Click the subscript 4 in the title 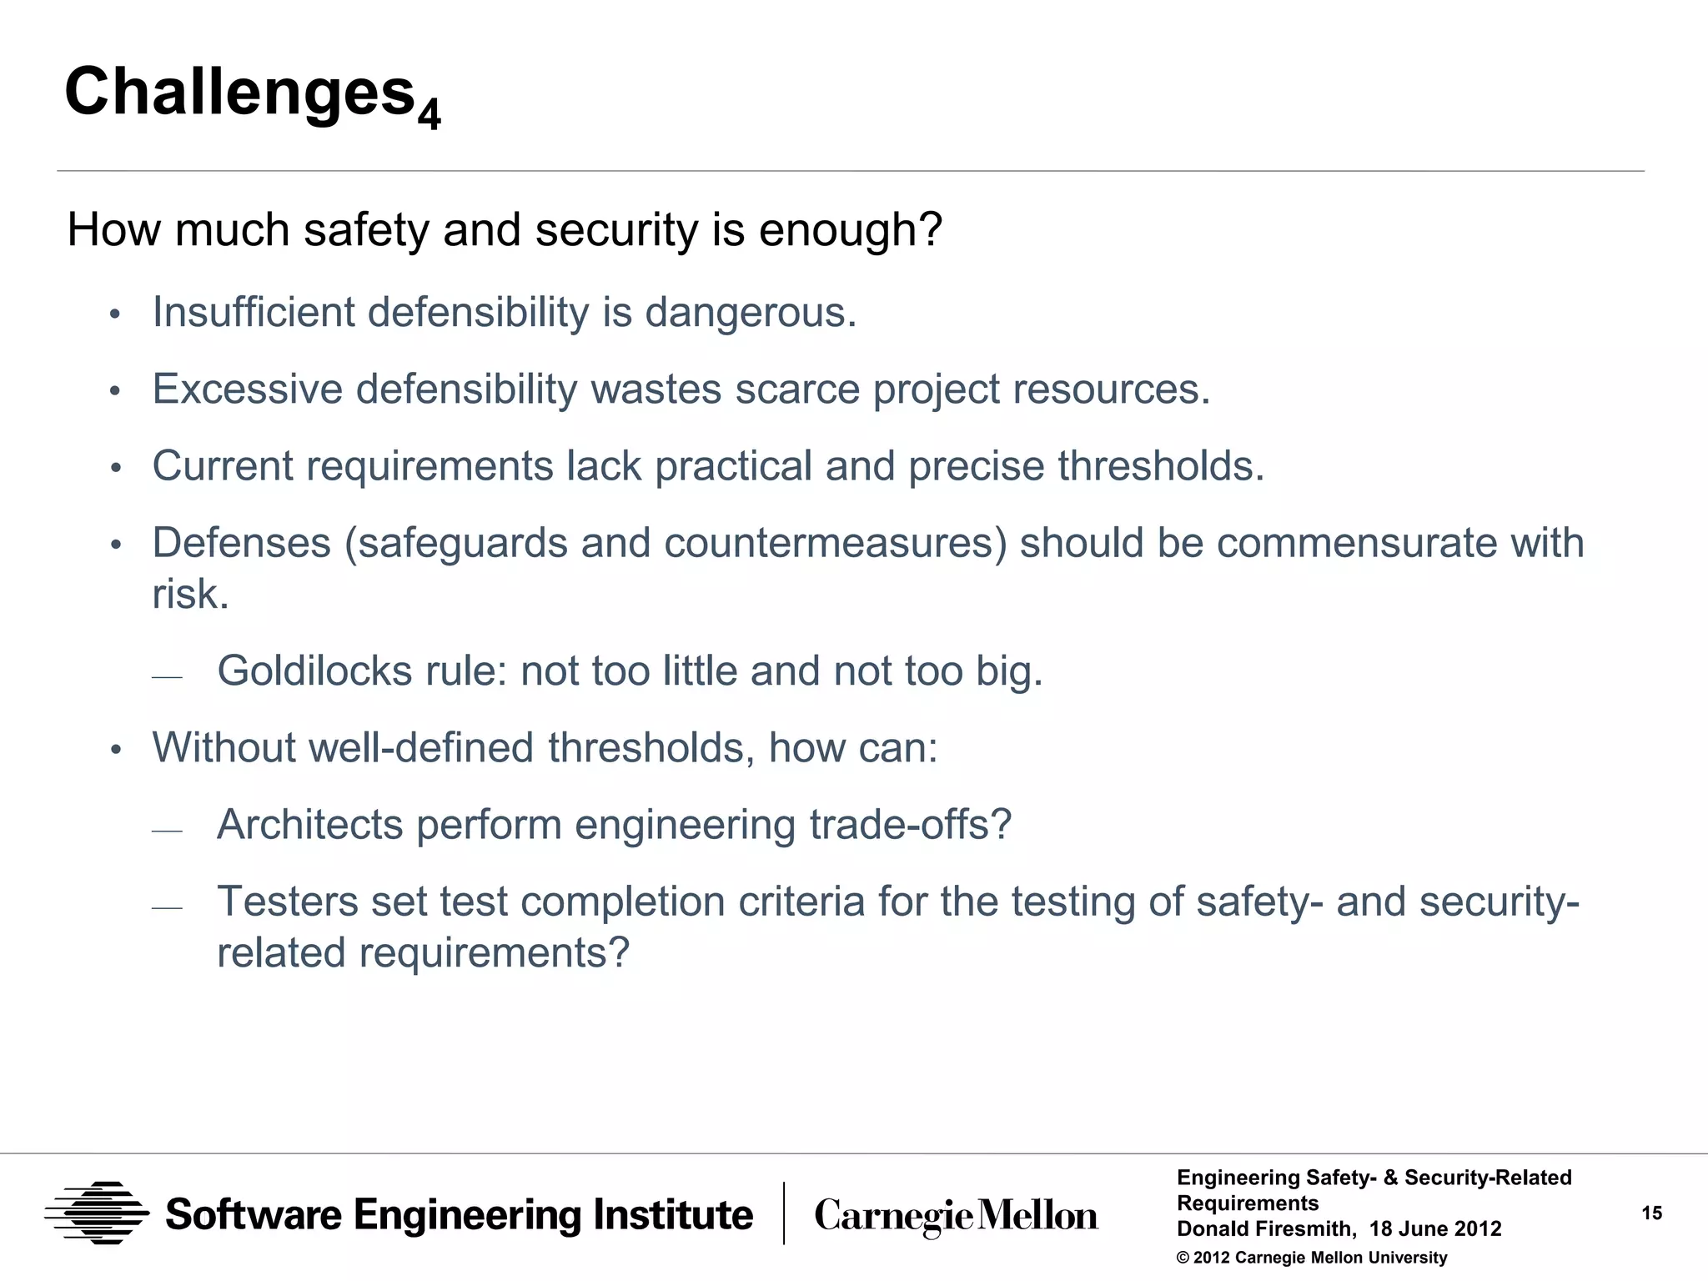(429, 114)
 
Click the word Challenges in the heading (240, 92)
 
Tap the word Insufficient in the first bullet (253, 313)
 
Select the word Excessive (247, 389)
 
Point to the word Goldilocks (314, 671)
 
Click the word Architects (309, 825)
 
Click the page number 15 (1651, 1213)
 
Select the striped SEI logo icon (97, 1213)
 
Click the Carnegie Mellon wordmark (956, 1216)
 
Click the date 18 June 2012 (1434, 1229)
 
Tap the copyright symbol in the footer (1183, 1258)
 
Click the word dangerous (751, 313)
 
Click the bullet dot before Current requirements (116, 468)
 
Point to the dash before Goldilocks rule (167, 677)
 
